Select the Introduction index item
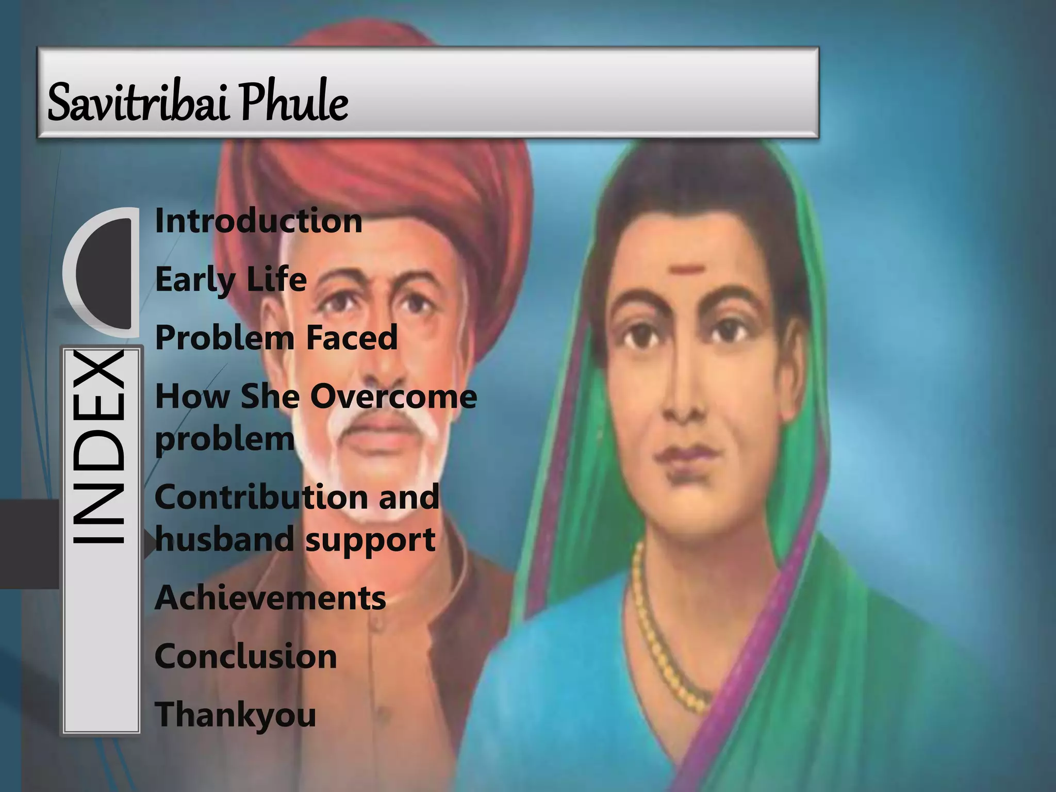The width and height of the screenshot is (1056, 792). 258,221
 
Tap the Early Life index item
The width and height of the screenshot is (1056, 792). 230,280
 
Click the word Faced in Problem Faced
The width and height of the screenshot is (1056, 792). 352,338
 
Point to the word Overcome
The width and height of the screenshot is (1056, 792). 393,397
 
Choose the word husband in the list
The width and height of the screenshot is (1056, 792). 225,539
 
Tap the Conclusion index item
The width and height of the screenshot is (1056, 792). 245,656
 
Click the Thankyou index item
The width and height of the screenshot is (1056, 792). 235,716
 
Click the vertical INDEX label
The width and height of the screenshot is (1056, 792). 98,447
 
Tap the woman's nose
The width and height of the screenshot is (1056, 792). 681,392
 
